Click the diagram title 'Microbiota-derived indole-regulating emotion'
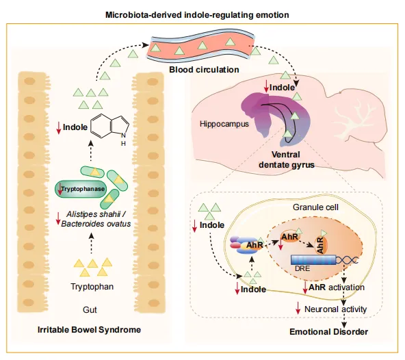click(x=197, y=15)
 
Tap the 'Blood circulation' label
click(x=204, y=70)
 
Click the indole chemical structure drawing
click(x=110, y=129)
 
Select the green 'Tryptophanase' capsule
click(x=81, y=189)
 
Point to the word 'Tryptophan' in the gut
click(x=92, y=287)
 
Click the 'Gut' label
click(x=90, y=309)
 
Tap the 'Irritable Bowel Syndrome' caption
click(x=90, y=329)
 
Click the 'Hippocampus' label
click(x=224, y=124)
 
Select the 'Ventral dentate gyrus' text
click(x=287, y=159)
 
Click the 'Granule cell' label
click(x=315, y=207)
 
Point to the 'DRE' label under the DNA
click(x=302, y=268)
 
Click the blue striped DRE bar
click(x=313, y=259)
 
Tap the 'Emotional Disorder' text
click(x=328, y=331)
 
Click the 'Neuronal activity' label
click(x=335, y=309)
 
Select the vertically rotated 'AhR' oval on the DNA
click(x=321, y=245)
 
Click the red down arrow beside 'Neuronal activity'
click(x=298, y=308)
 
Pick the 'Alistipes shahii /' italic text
click(x=96, y=214)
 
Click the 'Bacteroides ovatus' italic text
click(x=96, y=224)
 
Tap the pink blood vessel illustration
click(x=201, y=46)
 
